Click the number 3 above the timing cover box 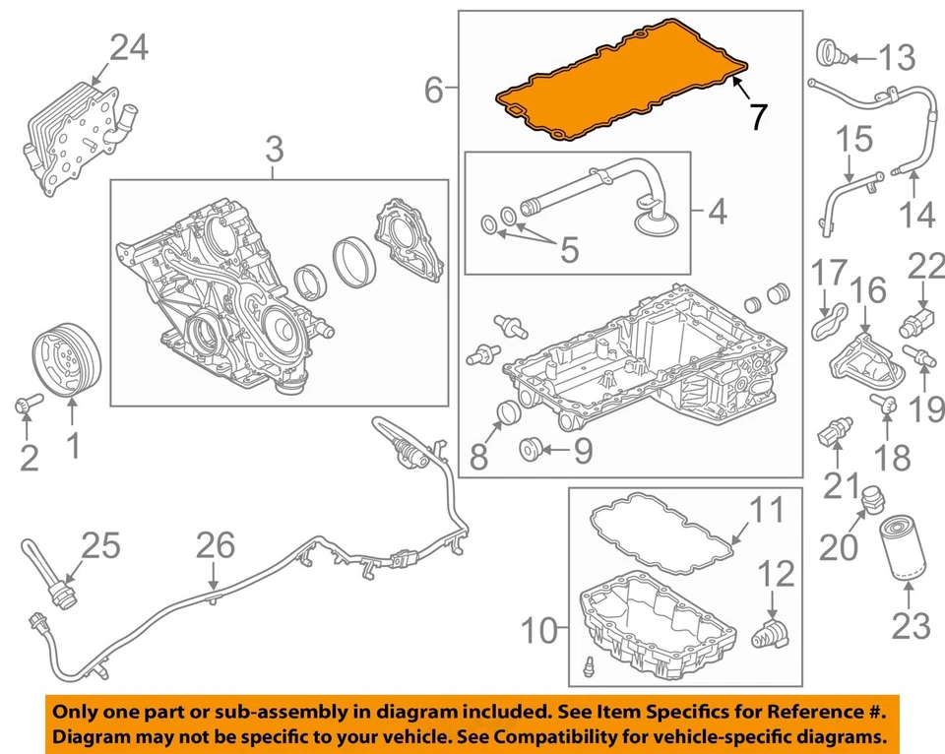click(274, 151)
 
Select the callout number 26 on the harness click(217, 543)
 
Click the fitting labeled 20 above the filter click(868, 502)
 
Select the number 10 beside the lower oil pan click(539, 630)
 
